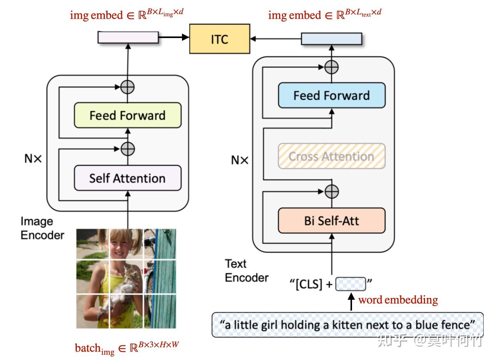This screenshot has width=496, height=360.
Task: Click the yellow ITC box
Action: pos(220,39)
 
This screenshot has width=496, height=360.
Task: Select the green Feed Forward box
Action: pos(127,115)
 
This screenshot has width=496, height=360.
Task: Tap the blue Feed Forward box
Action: pos(332,96)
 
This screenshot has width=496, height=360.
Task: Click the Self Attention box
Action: pos(127,178)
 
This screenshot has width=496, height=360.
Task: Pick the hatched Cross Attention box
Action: pos(332,156)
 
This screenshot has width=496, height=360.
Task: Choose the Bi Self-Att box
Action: pos(332,221)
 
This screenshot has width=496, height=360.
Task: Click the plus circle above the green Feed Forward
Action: pos(127,87)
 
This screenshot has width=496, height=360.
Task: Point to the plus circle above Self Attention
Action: pos(128,149)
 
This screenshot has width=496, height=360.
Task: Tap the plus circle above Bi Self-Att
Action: pos(332,192)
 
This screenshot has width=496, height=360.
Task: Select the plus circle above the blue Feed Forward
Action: pos(331,67)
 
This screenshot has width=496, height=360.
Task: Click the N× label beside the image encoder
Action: pos(33,159)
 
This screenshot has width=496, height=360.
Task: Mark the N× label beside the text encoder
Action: pos(240,160)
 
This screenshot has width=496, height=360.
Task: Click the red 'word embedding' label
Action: pos(398,300)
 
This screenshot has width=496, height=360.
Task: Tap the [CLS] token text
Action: pos(309,284)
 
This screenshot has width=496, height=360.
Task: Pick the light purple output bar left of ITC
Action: pos(128,37)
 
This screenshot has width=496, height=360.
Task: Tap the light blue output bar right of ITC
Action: pos(332,38)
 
